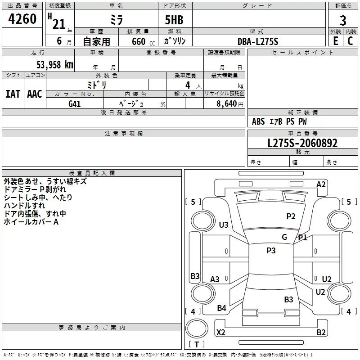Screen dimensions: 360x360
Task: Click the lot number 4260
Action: pyautogui.click(x=22, y=19)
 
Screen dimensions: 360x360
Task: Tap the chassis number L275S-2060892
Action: pyautogui.click(x=302, y=144)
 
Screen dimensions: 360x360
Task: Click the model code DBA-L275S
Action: pyautogui.click(x=258, y=41)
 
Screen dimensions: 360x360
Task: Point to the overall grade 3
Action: pyautogui.click(x=343, y=20)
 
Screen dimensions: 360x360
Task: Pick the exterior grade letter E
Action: pyautogui.click(x=335, y=41)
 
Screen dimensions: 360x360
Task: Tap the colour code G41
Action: pyautogui.click(x=74, y=103)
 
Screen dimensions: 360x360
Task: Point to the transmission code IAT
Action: pyautogui.click(x=13, y=94)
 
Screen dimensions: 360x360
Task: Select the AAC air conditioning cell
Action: pyautogui.click(x=34, y=94)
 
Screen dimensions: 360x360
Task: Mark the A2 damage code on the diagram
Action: pyautogui.click(x=321, y=184)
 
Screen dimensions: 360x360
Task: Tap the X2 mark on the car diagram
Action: pyautogui.click(x=221, y=333)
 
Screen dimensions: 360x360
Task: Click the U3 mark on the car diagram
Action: pyautogui.click(x=224, y=225)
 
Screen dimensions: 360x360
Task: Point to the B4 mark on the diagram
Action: pyautogui.click(x=221, y=308)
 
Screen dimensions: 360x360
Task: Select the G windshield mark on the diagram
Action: pyautogui.click(x=284, y=237)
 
